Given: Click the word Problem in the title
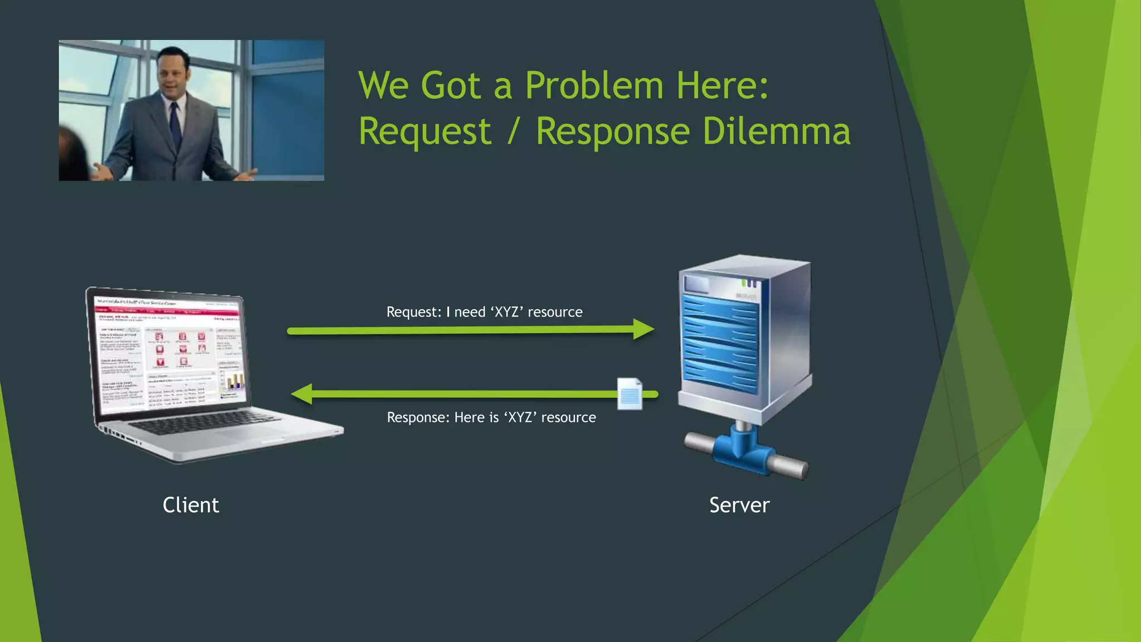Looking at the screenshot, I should pyautogui.click(x=594, y=86).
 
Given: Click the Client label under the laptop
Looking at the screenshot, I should pyautogui.click(x=191, y=505).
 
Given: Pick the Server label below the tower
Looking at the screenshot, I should pyautogui.click(x=739, y=505).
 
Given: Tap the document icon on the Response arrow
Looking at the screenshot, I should pyautogui.click(x=630, y=394).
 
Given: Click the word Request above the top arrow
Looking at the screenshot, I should pyautogui.click(x=413, y=312).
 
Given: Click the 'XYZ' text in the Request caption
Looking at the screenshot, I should pyautogui.click(x=506, y=312).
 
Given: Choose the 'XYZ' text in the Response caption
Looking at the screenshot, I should pyautogui.click(x=520, y=417).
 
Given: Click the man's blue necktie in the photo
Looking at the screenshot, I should pyautogui.click(x=175, y=125).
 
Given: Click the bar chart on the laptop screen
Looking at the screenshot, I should pyautogui.click(x=235, y=382).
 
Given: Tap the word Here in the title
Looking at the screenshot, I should pyautogui.click(x=722, y=86).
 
